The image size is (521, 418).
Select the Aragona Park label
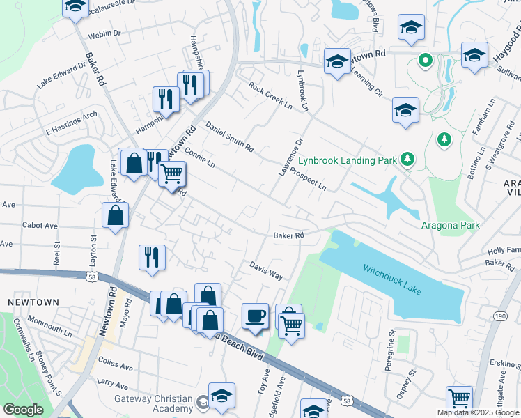(x=451, y=225)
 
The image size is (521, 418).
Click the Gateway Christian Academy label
(x=153, y=403)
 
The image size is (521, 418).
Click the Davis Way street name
(x=267, y=271)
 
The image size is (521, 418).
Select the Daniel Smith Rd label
(x=230, y=137)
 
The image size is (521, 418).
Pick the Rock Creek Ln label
(x=270, y=95)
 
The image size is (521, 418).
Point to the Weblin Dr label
(x=105, y=33)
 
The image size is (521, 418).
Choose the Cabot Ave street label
(x=40, y=226)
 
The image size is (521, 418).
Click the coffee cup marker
(x=255, y=316)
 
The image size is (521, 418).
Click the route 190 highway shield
(x=500, y=316)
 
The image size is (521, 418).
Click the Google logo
(x=23, y=410)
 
